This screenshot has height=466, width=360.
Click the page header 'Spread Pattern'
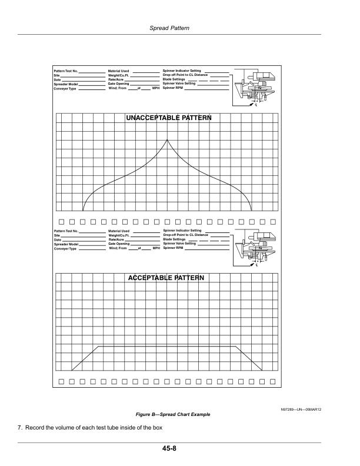[x=180, y=28]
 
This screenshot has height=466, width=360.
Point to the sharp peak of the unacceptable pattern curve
[x=167, y=139]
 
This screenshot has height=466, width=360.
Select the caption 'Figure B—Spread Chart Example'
[x=172, y=414]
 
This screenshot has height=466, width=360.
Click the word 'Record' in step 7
[x=36, y=427]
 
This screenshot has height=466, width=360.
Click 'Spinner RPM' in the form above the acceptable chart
[x=174, y=248]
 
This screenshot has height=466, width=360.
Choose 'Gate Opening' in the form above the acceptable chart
[x=115, y=244]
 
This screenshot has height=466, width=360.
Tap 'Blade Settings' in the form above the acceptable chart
[x=175, y=239]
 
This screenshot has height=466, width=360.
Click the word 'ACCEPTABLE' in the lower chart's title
[x=150, y=278]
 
